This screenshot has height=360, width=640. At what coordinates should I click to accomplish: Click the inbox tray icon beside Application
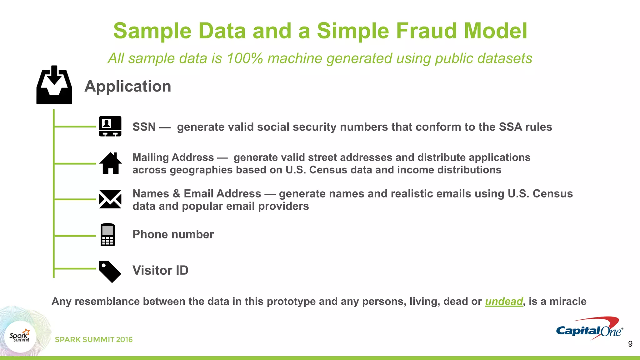[54, 85]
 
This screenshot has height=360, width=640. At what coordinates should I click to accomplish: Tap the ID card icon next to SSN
[110, 126]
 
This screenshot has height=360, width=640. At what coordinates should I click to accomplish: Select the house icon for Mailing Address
[110, 163]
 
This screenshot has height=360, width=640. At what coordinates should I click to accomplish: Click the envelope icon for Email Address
[110, 199]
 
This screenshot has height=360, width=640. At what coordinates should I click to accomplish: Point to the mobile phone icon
[107, 235]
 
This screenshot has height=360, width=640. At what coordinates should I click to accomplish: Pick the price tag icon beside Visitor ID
[110, 271]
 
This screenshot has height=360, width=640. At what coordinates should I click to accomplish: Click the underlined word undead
[504, 301]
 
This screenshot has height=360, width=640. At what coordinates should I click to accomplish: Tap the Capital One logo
[589, 329]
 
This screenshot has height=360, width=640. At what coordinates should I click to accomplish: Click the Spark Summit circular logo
[20, 336]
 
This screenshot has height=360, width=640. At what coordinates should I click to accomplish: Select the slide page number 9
[630, 344]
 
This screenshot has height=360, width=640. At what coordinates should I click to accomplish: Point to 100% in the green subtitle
[245, 58]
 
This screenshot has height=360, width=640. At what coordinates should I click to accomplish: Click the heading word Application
[128, 86]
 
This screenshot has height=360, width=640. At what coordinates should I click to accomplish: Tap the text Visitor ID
[160, 270]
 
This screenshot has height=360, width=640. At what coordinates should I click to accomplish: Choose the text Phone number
[173, 234]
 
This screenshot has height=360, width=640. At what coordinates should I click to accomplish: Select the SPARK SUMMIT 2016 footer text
[94, 340]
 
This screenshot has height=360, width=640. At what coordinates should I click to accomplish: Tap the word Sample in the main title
[152, 31]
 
